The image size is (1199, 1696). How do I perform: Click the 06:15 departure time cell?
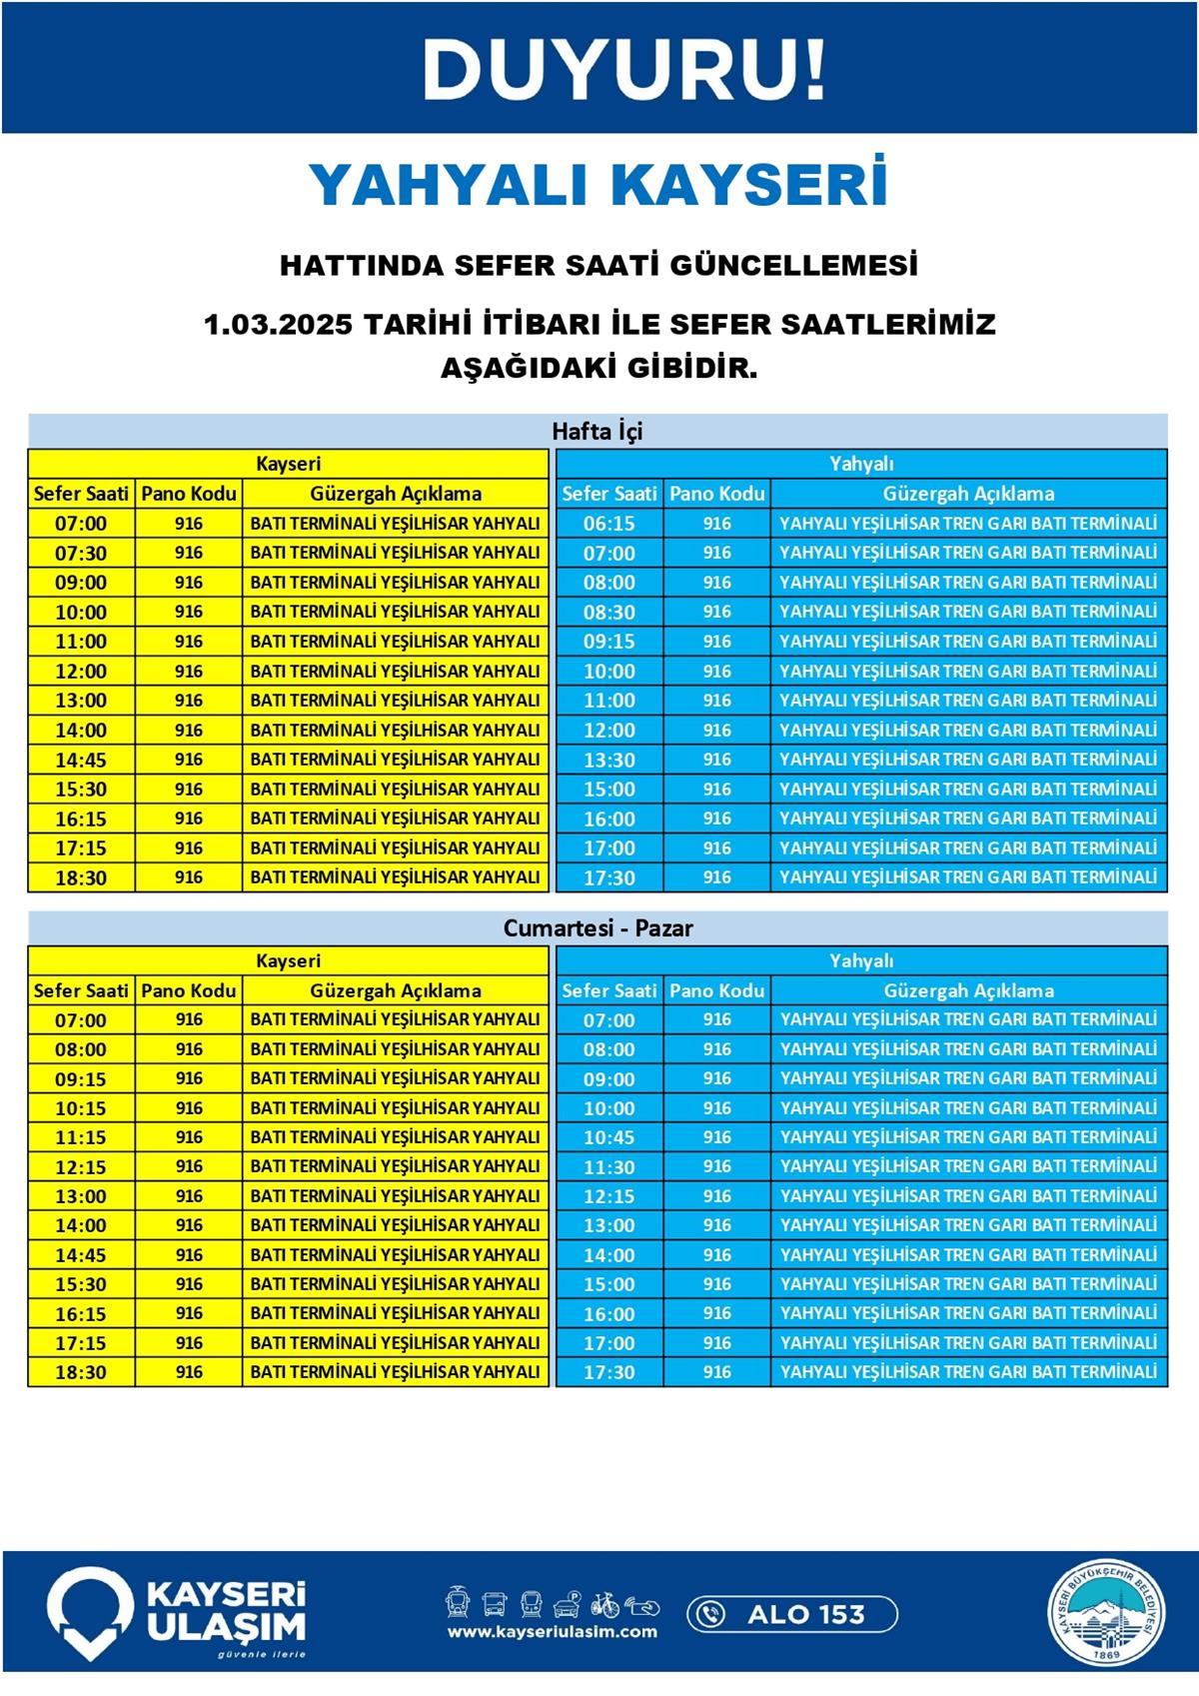point(608,524)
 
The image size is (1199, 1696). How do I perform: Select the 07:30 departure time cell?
point(81,553)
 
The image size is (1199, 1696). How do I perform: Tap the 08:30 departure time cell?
point(608,612)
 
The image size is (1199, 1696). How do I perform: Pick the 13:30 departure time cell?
point(608,760)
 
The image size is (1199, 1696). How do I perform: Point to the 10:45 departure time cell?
point(608,1137)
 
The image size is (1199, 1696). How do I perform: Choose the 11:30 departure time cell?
point(608,1167)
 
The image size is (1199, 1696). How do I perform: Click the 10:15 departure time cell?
point(81,1108)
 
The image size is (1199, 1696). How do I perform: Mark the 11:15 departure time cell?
point(81,1137)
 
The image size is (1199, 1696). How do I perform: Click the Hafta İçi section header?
point(598,432)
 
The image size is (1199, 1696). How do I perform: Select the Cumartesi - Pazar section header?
point(598,928)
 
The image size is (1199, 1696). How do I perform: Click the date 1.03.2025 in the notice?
point(279,326)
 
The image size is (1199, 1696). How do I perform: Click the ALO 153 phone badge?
point(792,1614)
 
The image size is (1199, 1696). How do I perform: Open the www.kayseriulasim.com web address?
point(553,1632)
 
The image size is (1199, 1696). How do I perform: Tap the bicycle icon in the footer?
point(605,1604)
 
